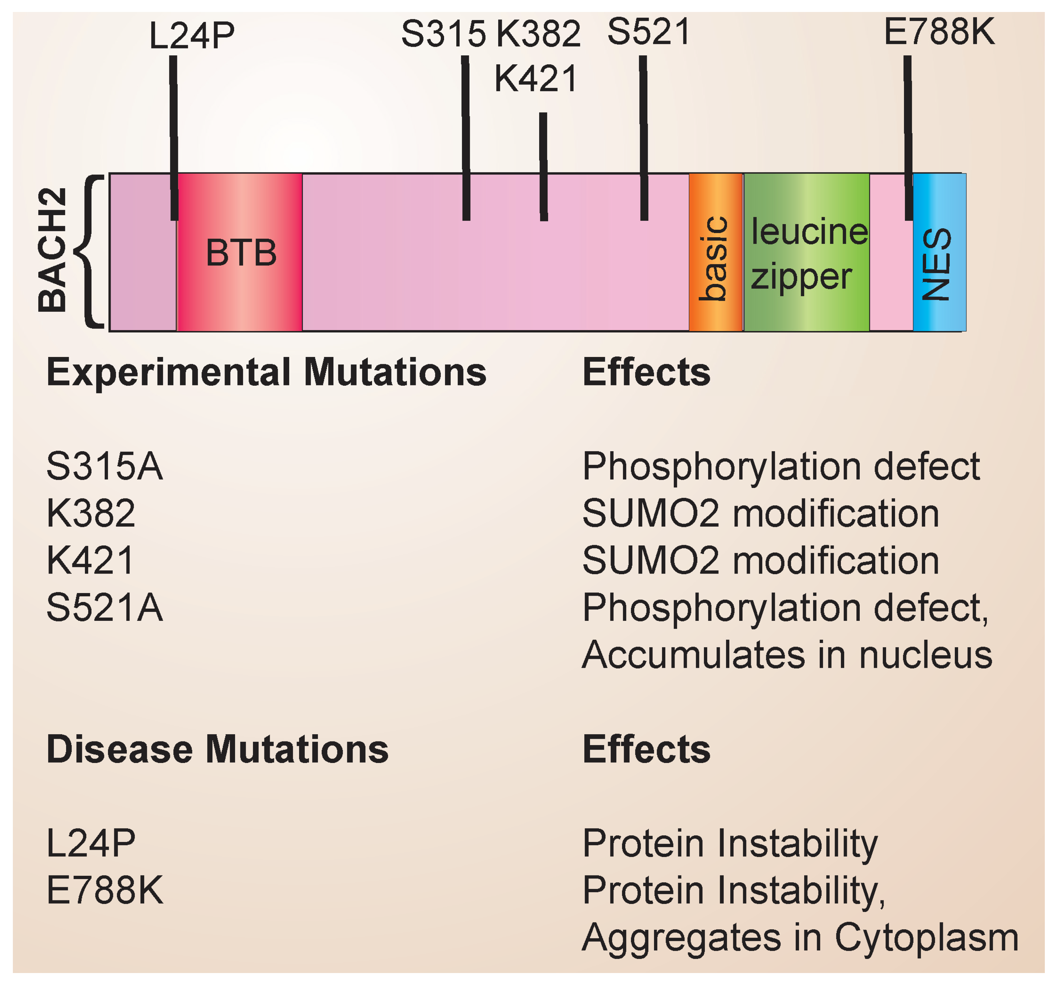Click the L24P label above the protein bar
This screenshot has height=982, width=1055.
(x=192, y=36)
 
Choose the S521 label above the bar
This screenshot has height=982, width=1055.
(x=649, y=32)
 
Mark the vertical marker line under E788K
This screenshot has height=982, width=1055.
(x=908, y=138)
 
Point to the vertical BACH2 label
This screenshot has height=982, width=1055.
(x=53, y=250)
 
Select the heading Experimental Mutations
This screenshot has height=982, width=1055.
(x=266, y=372)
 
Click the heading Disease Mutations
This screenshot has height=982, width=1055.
(x=218, y=750)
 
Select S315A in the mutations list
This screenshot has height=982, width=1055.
(x=105, y=466)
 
